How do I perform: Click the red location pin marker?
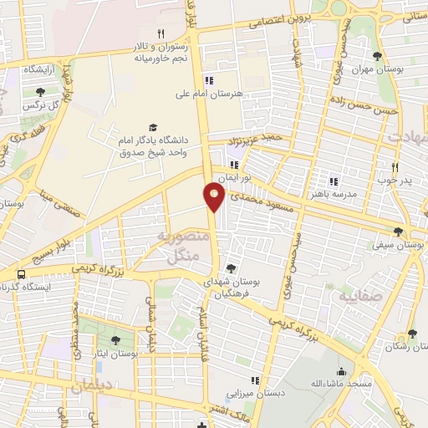[x=214, y=196]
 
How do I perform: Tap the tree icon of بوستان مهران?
[x=378, y=57]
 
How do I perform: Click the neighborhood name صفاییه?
[x=361, y=296]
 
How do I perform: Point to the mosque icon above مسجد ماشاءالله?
[x=341, y=371]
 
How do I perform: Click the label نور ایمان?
[x=234, y=179]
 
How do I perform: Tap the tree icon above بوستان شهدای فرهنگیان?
[x=231, y=268]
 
